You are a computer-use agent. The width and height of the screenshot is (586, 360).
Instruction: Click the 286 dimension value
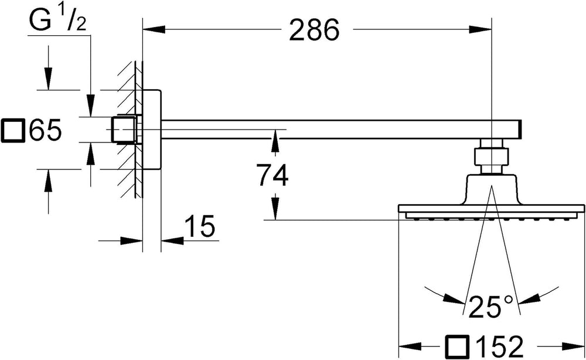[314, 30]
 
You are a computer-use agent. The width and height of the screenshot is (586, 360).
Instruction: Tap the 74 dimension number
[272, 175]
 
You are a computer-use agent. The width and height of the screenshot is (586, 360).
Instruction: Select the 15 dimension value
[200, 226]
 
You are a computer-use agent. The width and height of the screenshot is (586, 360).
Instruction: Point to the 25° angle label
[490, 306]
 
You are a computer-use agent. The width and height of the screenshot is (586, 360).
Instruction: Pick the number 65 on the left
[45, 130]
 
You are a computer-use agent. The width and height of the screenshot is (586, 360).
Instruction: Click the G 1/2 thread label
[58, 21]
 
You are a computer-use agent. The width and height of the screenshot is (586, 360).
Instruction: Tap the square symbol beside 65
[13, 130]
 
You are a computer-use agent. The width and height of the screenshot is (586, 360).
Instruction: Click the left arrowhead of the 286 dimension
[154, 29]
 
